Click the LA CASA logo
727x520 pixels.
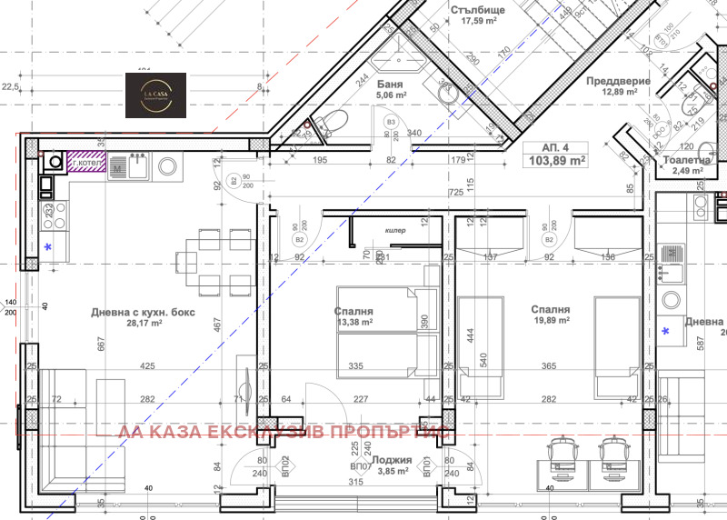[155, 95]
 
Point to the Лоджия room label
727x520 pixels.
[392, 460]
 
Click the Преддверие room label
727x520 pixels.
[618, 81]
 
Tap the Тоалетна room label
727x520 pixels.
[686, 160]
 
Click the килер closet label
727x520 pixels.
[395, 231]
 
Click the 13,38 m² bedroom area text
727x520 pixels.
[354, 322]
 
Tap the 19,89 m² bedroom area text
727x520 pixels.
[552, 320]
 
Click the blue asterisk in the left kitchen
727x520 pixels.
[49, 247]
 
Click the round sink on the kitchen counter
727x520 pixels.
[168, 166]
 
